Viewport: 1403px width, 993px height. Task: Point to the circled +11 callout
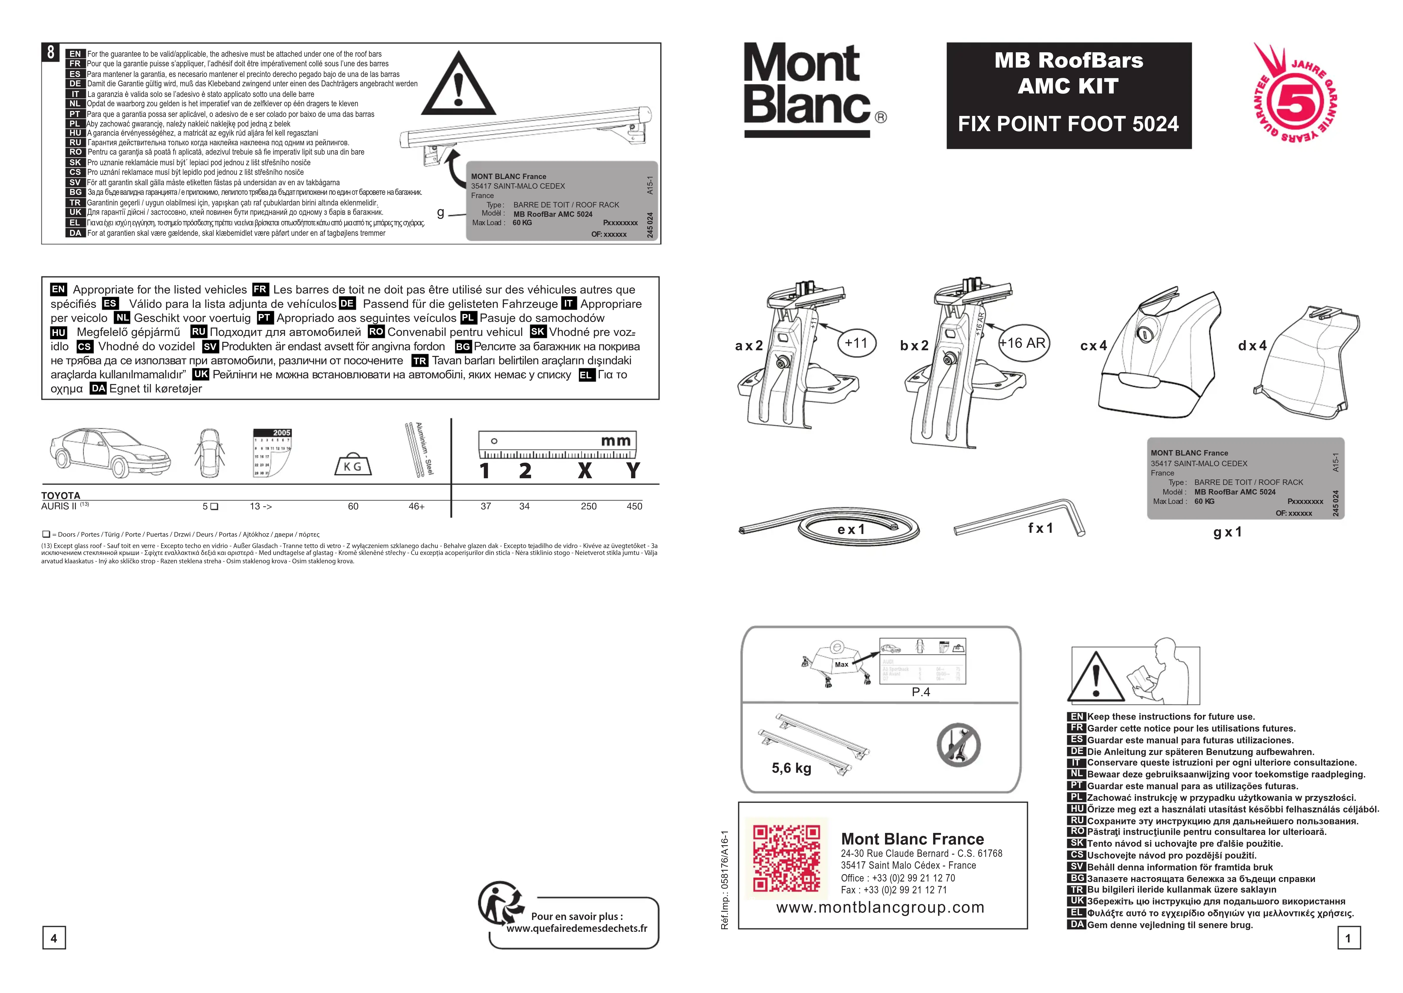(856, 343)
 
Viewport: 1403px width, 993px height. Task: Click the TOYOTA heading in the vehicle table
(60, 495)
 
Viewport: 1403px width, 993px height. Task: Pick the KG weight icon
(353, 465)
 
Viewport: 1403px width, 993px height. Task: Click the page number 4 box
(54, 938)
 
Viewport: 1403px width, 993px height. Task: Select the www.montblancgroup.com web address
(880, 907)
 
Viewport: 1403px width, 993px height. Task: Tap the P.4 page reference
(921, 692)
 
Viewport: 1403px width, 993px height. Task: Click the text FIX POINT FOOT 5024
(1068, 124)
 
